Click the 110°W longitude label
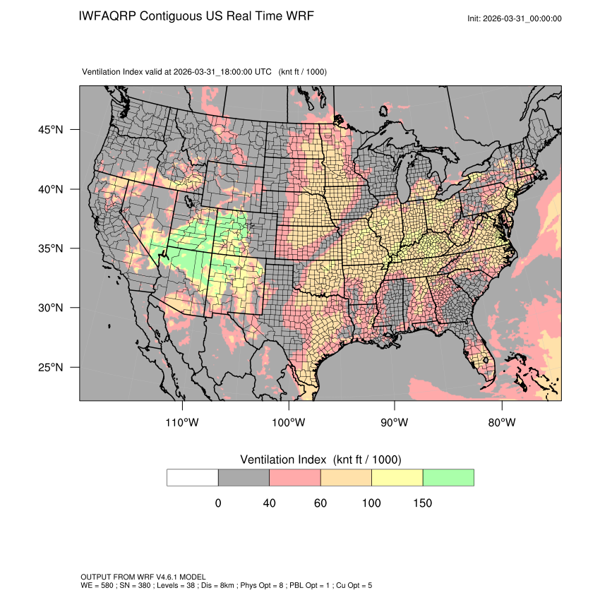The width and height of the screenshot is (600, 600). pyautogui.click(x=183, y=423)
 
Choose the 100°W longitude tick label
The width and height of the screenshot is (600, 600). pyautogui.click(x=289, y=423)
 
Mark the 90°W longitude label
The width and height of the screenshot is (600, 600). pyautogui.click(x=395, y=423)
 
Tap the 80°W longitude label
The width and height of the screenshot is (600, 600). pyautogui.click(x=501, y=423)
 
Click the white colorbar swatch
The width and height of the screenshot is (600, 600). pyautogui.click(x=193, y=477)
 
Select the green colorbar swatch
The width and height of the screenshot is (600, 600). pyautogui.click(x=448, y=477)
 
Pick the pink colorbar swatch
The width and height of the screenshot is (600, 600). pyautogui.click(x=295, y=477)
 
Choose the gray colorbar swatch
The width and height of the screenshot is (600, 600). pyautogui.click(x=244, y=477)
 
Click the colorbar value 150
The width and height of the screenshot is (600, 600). pyautogui.click(x=422, y=503)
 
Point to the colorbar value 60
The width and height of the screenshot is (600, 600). pyautogui.click(x=320, y=503)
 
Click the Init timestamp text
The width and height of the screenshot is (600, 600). pyautogui.click(x=515, y=18)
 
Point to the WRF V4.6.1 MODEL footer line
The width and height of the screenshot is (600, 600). pyautogui.click(x=143, y=577)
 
